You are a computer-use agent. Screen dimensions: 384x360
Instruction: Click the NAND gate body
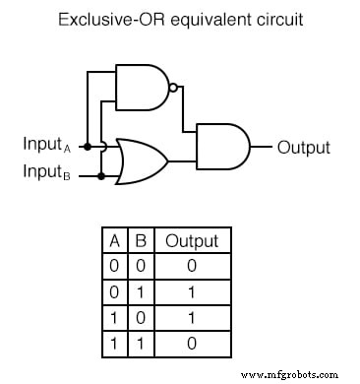pos(141,86)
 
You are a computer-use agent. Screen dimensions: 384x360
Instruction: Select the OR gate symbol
pos(140,160)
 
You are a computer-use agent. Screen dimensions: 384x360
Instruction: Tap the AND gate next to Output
pos(222,148)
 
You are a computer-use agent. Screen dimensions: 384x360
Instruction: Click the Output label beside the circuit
pos(303,149)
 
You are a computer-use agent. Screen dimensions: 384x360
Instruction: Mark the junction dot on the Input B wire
pos(100,175)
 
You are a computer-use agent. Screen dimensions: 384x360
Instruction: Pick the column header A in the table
pos(115,241)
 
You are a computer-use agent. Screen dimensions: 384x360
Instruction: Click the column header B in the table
pos(142,241)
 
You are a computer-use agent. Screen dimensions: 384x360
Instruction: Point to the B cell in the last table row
pos(142,343)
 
